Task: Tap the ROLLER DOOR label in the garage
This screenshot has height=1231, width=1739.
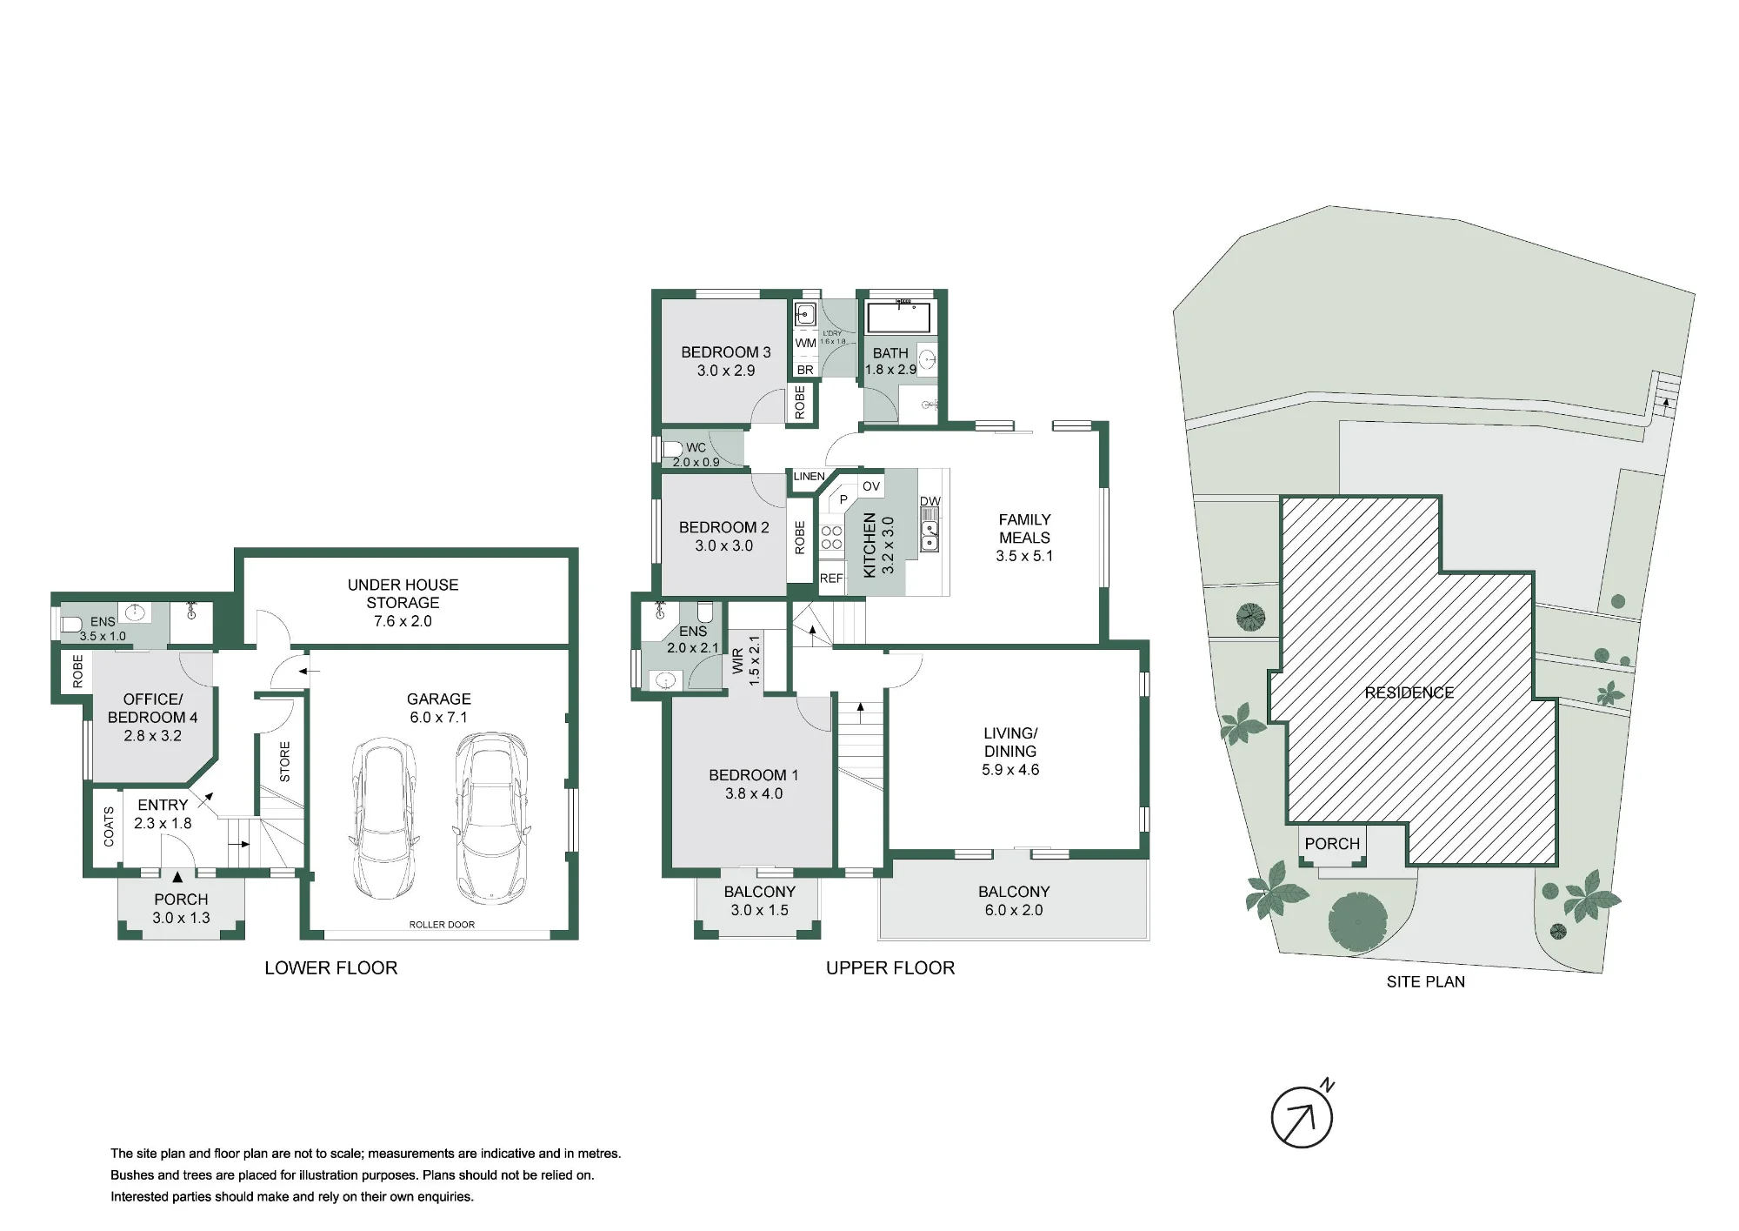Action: point(442,924)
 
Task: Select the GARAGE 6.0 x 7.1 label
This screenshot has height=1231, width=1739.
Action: point(439,708)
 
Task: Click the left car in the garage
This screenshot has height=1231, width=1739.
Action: point(383,820)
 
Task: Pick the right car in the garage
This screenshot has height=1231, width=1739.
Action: point(490,818)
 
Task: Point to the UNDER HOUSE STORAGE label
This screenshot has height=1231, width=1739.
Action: point(403,593)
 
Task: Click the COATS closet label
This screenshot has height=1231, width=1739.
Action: point(109,826)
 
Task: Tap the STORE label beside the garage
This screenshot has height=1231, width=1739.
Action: point(285,761)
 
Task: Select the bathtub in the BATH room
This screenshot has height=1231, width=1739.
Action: point(900,318)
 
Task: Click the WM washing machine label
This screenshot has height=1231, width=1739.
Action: point(806,343)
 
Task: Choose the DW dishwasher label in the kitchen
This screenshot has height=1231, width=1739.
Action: point(929,501)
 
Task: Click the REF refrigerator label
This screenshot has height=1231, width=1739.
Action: point(831,579)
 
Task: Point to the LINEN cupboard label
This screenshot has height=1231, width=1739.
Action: point(809,477)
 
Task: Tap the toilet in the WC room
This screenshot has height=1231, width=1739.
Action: point(672,449)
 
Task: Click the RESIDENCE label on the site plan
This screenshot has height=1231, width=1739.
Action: point(1409,692)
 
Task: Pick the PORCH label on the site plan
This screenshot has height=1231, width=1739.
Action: point(1332,844)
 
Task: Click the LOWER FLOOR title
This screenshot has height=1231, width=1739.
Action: point(331,968)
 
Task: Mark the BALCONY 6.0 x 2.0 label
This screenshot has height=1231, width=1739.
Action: point(1014,900)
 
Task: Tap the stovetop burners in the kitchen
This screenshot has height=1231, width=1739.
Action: point(831,538)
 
